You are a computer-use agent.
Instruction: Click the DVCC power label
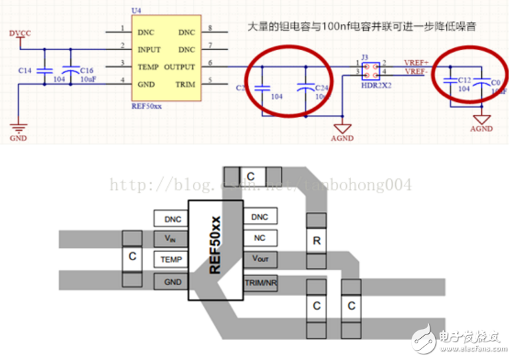click(21, 33)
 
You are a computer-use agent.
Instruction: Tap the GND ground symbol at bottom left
click(18, 128)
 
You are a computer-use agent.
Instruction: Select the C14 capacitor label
click(25, 71)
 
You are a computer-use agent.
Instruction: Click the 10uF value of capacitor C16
click(87, 80)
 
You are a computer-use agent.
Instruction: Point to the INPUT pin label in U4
click(149, 50)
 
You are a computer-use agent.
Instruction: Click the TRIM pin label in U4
click(186, 85)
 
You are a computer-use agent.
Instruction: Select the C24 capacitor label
click(320, 88)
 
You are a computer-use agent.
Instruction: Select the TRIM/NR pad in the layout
click(260, 284)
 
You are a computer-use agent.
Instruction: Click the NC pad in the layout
click(260, 238)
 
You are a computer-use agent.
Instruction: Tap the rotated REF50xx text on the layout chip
click(216, 246)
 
